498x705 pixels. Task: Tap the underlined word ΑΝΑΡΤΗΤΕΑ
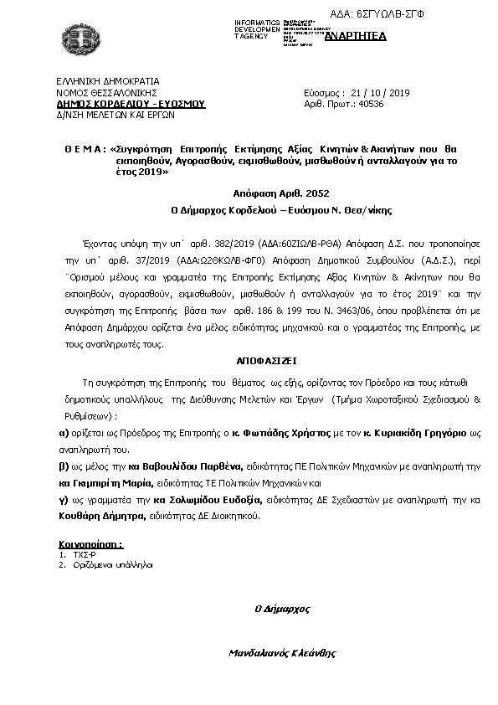(355, 35)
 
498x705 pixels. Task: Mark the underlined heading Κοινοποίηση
(90, 543)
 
